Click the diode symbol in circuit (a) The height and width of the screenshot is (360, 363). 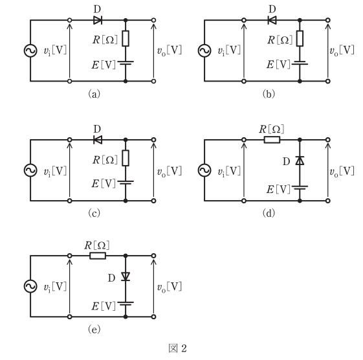pyautogui.click(x=98, y=20)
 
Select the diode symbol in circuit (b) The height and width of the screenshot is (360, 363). pyautogui.click(x=272, y=20)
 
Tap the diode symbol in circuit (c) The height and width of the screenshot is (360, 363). pyautogui.click(x=98, y=140)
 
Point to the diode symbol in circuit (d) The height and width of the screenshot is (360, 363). pyautogui.click(x=300, y=161)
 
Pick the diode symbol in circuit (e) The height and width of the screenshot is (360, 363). pyautogui.click(x=126, y=276)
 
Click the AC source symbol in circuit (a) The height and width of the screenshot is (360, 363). pyautogui.click(x=30, y=51)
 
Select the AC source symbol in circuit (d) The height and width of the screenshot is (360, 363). pyautogui.click(x=204, y=170)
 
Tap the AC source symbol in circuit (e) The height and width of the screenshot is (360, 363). pyautogui.click(x=30, y=286)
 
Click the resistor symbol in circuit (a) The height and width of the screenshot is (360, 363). pyautogui.click(x=126, y=38)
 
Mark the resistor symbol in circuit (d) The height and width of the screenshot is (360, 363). pyautogui.click(x=272, y=140)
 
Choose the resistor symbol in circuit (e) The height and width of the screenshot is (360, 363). pyautogui.click(x=98, y=256)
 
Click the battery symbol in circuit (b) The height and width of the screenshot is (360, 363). pyautogui.click(x=300, y=63)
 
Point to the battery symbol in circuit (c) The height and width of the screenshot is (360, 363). pyautogui.click(x=126, y=183)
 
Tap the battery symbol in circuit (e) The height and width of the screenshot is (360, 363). pyautogui.click(x=126, y=304)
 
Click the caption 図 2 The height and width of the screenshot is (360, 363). pyautogui.click(x=177, y=348)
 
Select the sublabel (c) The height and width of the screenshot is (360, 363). pyautogui.click(x=94, y=213)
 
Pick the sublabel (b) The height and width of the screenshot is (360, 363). pyautogui.click(x=269, y=94)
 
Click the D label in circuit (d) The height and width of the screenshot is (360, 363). pyautogui.click(x=287, y=161)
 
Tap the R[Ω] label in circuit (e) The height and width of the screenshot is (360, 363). pyautogui.click(x=97, y=245)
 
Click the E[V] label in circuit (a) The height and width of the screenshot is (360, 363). pyautogui.click(x=104, y=65)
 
